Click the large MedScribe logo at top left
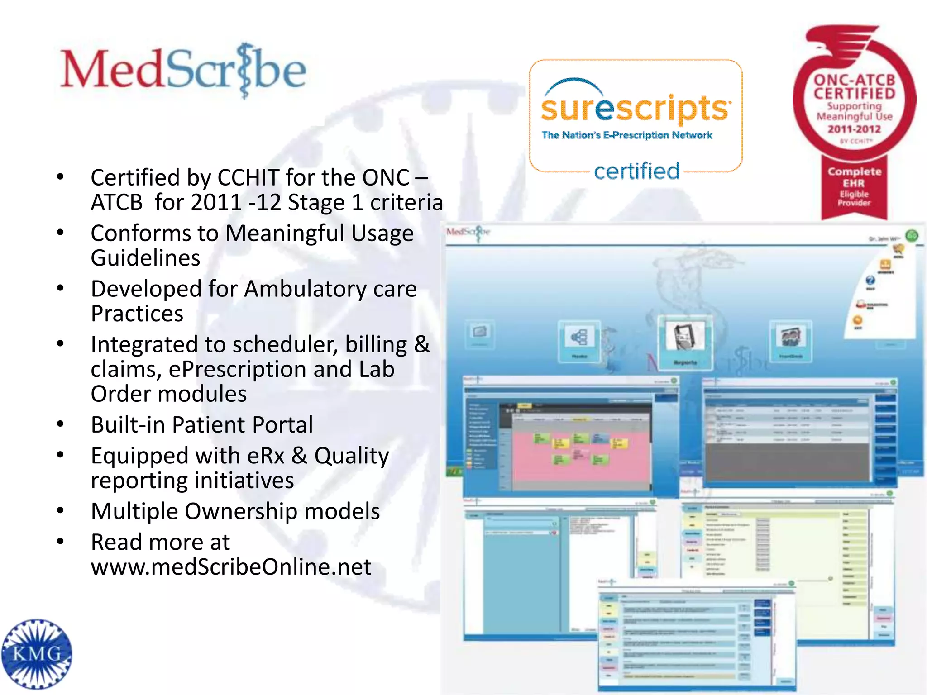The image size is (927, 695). point(183,70)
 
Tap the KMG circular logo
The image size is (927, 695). point(37,653)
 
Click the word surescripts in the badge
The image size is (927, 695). point(635,109)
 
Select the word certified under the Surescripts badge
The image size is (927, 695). point(636,171)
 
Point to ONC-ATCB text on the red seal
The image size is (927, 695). point(854,80)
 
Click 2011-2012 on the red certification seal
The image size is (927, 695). point(854,129)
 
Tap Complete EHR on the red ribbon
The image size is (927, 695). point(854,177)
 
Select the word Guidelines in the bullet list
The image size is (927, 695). point(145,258)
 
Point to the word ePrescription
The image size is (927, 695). point(238,369)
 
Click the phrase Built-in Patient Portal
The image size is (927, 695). point(202,425)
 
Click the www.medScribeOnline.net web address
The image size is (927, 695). point(231,567)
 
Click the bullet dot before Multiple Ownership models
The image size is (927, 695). point(60,511)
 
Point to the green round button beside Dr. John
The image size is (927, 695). point(911,236)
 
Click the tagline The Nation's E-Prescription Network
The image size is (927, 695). point(627,135)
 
